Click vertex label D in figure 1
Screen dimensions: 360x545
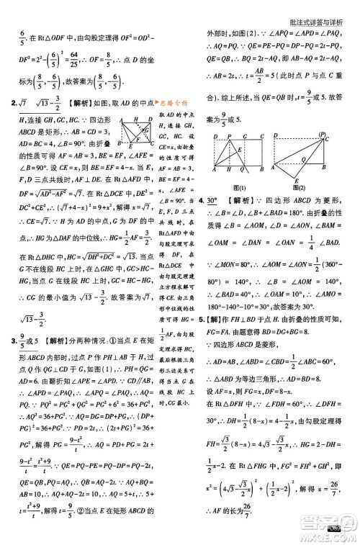coord(215,135)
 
